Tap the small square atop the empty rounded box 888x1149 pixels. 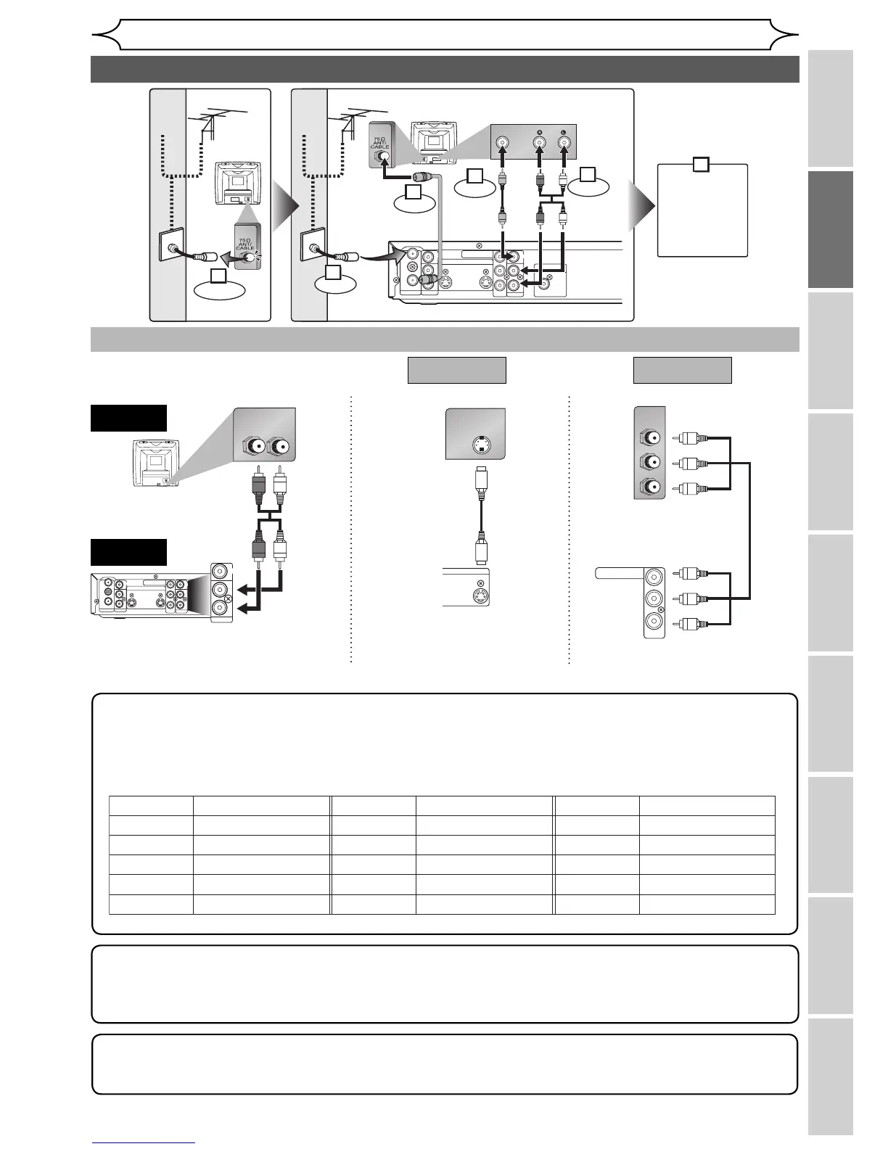701,164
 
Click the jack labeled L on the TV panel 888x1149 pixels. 566,144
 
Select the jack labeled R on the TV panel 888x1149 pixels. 539,144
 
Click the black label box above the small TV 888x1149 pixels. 128,418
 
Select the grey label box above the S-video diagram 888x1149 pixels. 456,370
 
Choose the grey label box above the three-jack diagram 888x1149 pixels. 682,370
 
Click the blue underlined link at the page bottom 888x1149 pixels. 144,1143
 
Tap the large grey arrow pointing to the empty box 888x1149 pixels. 644,205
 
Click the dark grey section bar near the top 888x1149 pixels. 444,69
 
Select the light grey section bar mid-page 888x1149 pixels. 444,339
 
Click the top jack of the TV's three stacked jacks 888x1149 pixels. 649,437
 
